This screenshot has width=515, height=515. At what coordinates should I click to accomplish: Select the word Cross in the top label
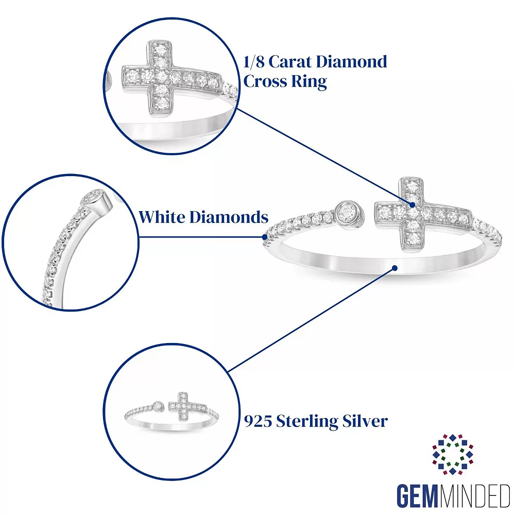pyautogui.click(x=266, y=81)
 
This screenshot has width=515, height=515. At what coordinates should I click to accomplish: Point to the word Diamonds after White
pyautogui.click(x=229, y=217)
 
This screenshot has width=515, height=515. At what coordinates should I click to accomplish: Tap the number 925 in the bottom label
pyautogui.click(x=257, y=421)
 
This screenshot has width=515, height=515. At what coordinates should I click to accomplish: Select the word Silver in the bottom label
pyautogui.click(x=365, y=421)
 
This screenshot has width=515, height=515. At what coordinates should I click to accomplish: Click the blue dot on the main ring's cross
pyautogui.click(x=413, y=205)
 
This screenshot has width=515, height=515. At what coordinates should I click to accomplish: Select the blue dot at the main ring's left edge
pyautogui.click(x=265, y=237)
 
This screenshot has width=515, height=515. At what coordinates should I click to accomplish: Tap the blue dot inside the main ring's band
pyautogui.click(x=394, y=267)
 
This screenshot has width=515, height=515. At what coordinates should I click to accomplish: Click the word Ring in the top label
pyautogui.click(x=311, y=81)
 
